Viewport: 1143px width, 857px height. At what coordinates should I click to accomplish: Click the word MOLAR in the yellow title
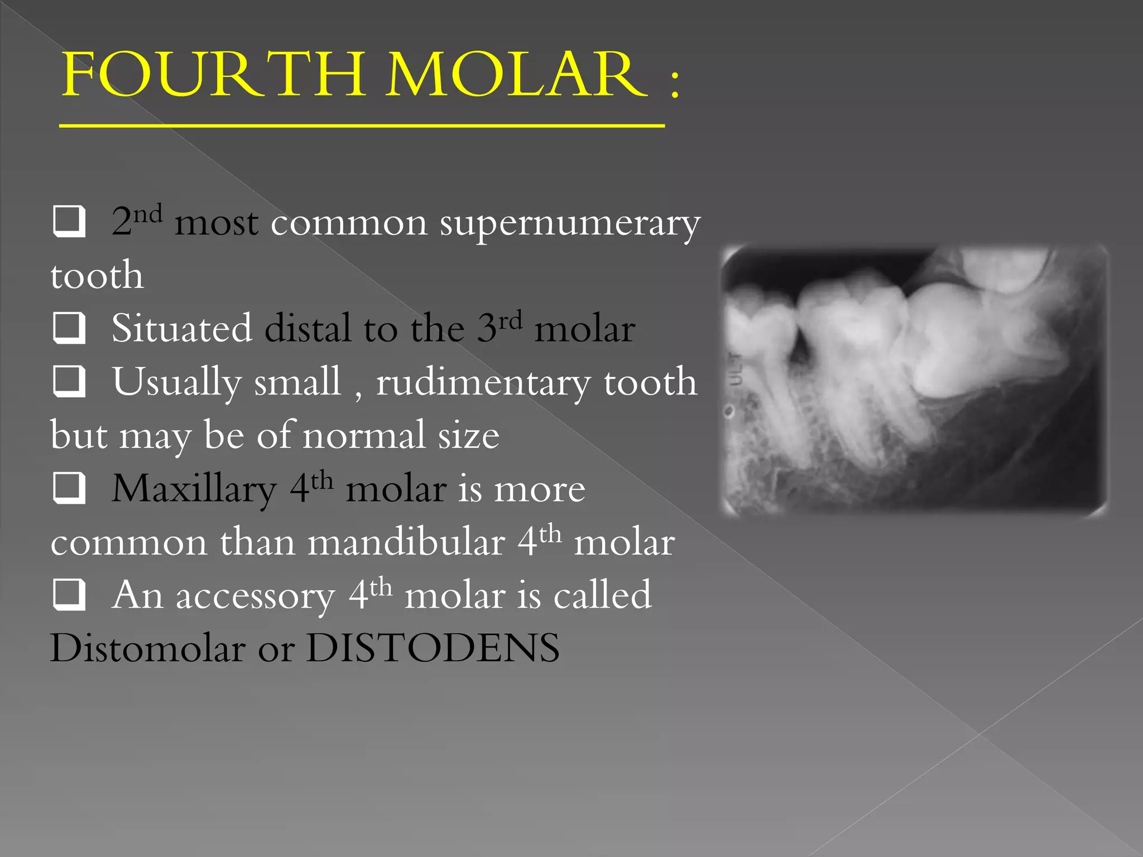click(516, 75)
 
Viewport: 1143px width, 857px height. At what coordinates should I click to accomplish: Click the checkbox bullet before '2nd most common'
click(69, 222)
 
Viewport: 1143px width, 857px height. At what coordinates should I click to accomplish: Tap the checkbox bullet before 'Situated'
click(69, 328)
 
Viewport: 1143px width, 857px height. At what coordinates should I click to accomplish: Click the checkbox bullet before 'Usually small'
click(69, 381)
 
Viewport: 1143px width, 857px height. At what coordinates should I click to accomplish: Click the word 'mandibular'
click(406, 542)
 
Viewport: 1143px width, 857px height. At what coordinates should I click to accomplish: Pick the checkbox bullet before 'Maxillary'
click(69, 488)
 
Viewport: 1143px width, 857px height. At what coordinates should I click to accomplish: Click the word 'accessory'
click(256, 596)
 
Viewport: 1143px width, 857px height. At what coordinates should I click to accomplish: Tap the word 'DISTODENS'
click(433, 648)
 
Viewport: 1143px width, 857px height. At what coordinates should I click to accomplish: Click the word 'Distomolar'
click(148, 648)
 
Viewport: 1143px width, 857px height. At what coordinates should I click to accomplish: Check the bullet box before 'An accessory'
click(69, 594)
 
